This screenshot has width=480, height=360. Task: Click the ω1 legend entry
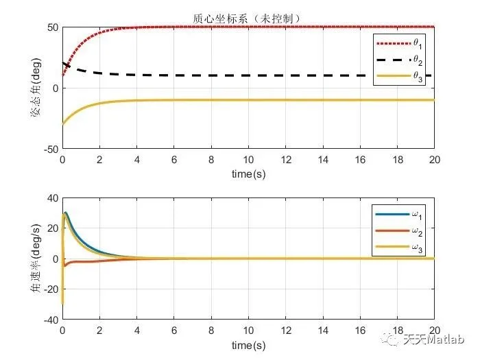click(416, 214)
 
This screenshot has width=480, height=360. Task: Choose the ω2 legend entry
click(416, 231)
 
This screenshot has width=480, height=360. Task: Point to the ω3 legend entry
click(416, 248)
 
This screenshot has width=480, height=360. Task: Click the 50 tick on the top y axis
click(51, 28)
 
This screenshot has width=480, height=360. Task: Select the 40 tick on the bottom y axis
click(51, 198)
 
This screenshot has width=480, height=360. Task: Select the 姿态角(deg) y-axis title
click(34, 88)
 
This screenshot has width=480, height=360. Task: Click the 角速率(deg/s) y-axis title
click(34, 259)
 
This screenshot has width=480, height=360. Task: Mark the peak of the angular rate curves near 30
click(66, 213)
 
